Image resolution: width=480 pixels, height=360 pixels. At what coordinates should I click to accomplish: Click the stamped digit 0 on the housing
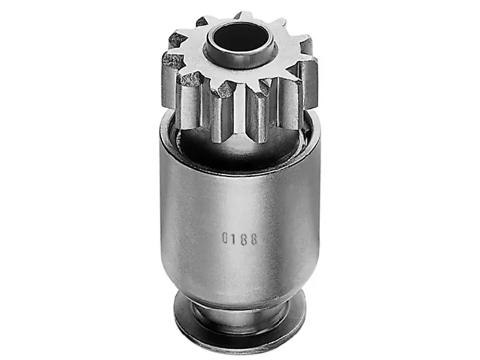(x=226, y=238)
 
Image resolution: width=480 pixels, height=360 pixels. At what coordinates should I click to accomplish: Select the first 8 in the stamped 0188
(x=244, y=239)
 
